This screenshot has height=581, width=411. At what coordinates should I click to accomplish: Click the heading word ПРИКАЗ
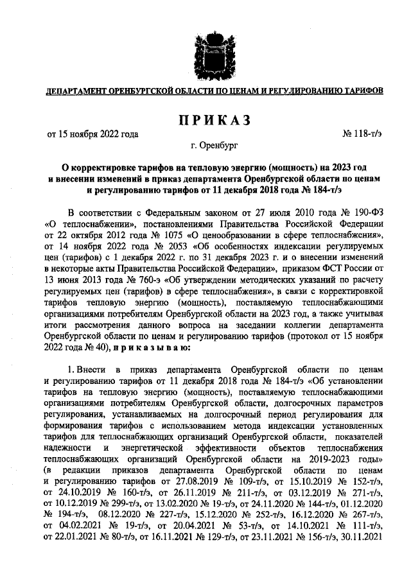click(205, 119)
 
